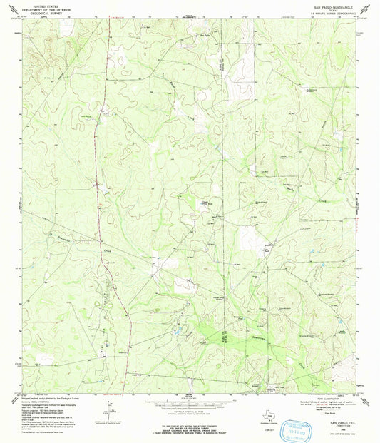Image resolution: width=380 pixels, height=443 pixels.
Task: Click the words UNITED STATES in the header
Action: [x=37, y=4]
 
